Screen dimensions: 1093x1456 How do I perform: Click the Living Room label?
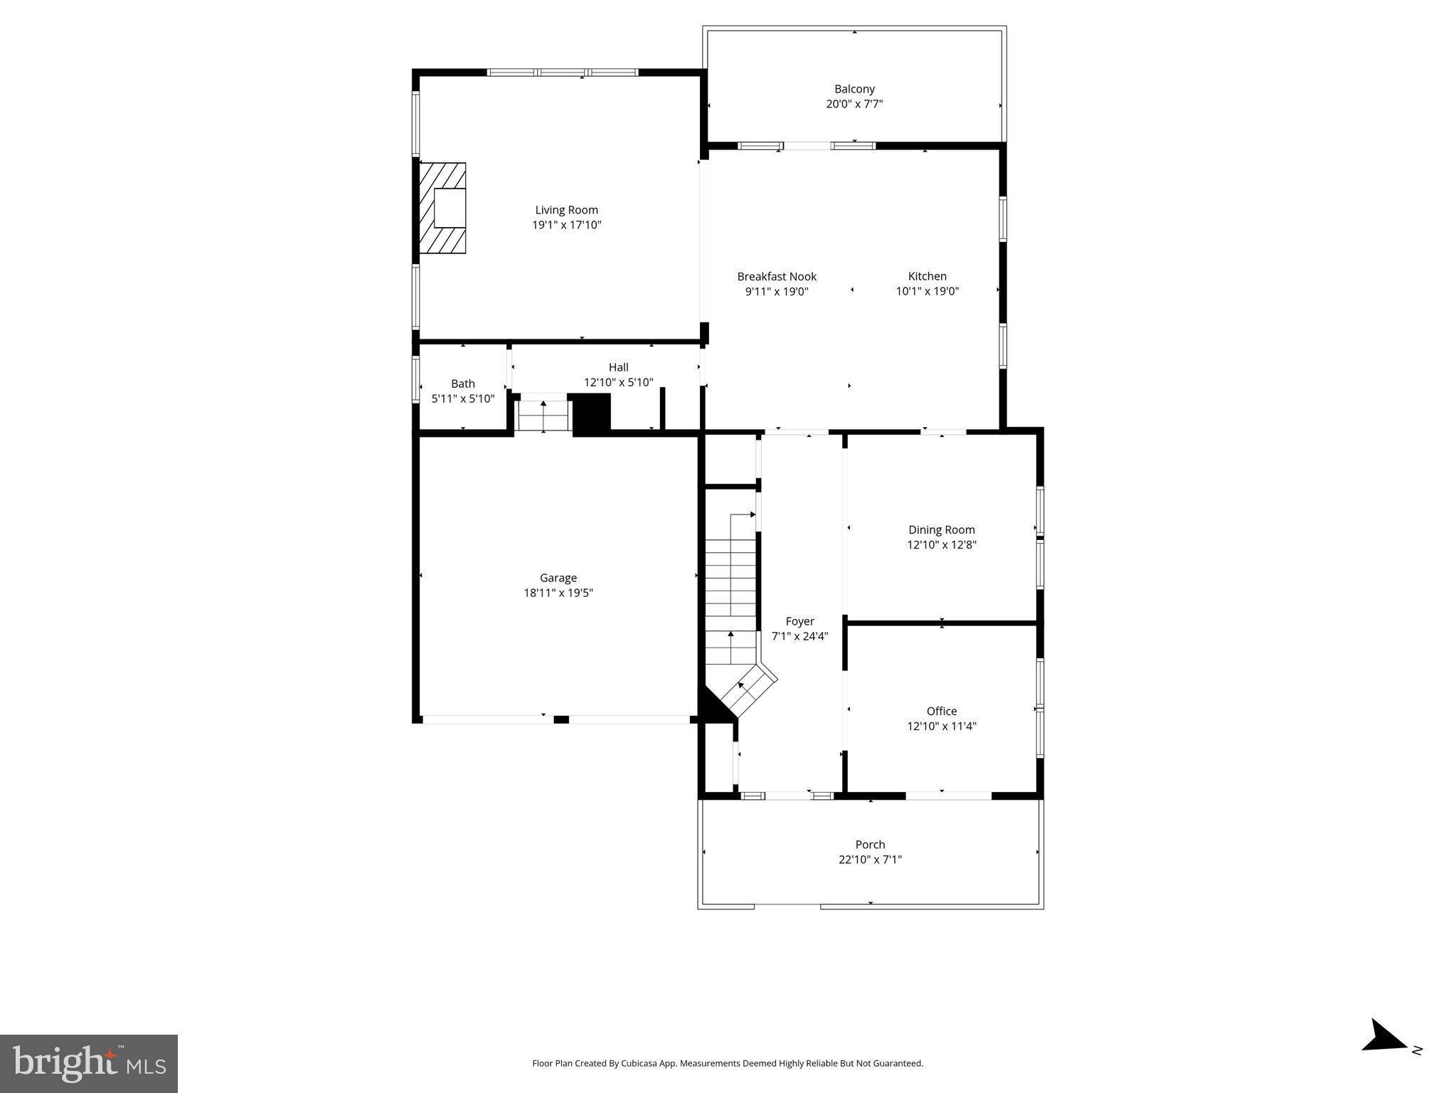pos(566,210)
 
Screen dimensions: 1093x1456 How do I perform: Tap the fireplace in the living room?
pos(442,208)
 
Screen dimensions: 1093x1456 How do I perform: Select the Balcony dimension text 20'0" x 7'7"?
pos(854,104)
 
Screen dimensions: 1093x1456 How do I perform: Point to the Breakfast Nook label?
pos(777,276)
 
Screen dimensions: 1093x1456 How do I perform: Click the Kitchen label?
pos(927,276)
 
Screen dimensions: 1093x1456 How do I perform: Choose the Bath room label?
pos(462,384)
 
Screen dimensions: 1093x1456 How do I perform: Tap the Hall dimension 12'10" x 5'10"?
pos(618,382)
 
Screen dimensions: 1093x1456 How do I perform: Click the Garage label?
pos(558,578)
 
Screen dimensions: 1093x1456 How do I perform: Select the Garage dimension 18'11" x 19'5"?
pos(558,593)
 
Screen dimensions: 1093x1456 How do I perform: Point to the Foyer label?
pos(799,621)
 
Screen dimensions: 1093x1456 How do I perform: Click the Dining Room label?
pos(941,529)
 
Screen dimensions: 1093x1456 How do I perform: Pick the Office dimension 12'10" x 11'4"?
pos(941,726)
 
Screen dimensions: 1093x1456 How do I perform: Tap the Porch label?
pos(870,845)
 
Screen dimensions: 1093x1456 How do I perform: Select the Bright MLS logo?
pos(89,1063)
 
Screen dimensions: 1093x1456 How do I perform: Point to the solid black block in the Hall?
pos(591,413)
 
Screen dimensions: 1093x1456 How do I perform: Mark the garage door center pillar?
pos(560,719)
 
